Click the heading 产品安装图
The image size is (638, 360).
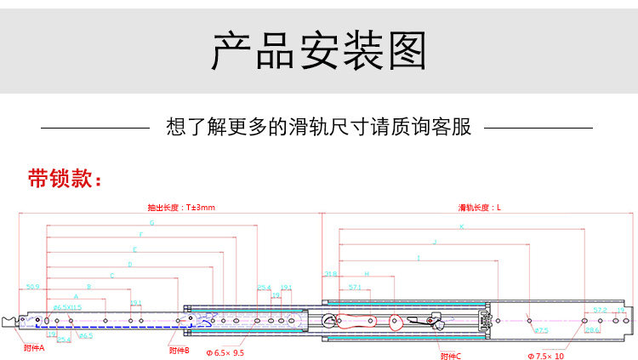(319, 50)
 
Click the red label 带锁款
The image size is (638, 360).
(65, 180)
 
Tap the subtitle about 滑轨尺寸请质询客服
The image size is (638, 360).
(318, 128)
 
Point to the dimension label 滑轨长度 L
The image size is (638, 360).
(480, 207)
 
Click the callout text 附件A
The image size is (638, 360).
(34, 347)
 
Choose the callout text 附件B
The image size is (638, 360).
(179, 349)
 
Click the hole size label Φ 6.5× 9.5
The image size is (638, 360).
(225, 351)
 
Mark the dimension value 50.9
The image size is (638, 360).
(33, 287)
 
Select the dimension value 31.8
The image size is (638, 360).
(331, 274)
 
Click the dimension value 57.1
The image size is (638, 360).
(355, 288)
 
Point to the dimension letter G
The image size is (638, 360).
(151, 223)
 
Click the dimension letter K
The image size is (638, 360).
(462, 227)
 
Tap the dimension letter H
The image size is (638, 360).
(367, 274)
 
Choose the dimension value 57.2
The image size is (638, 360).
(600, 310)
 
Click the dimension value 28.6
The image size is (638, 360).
(592, 329)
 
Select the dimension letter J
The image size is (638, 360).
(435, 242)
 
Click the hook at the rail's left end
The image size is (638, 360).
(10, 322)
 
